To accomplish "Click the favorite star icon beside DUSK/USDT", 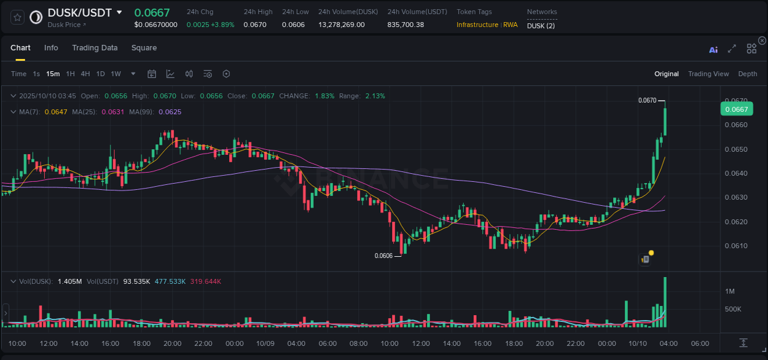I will (18, 17).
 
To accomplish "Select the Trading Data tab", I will (95, 48).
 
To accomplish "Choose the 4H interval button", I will (85, 74).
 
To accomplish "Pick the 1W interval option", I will (116, 74).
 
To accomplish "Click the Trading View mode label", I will (708, 74).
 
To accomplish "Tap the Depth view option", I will (747, 74).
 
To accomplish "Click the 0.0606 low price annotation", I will (383, 256).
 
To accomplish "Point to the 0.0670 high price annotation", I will (647, 100).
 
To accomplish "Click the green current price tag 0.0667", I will (737, 109).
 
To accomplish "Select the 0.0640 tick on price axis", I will (736, 173).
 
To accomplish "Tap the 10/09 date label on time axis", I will (265, 343).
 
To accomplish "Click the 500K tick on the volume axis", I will (733, 309).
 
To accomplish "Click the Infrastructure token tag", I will (478, 25).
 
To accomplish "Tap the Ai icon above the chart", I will (713, 49).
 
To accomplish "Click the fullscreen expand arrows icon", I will (732, 49).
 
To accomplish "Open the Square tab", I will (144, 48).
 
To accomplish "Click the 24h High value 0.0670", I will (254, 25).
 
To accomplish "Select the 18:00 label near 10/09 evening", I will (514, 343).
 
